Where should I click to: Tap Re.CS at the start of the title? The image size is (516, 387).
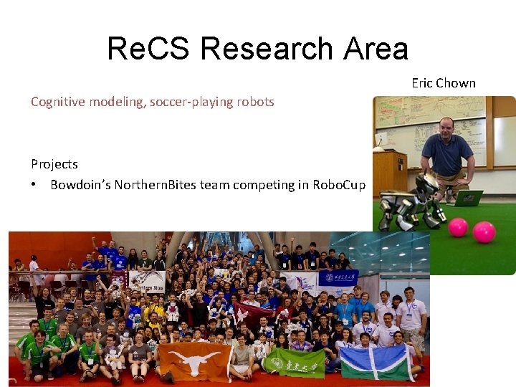[x=148, y=49]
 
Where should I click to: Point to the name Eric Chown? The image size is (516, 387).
[x=443, y=83]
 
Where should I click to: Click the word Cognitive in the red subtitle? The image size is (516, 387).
[x=58, y=102]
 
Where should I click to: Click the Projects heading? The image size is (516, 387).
[x=54, y=164]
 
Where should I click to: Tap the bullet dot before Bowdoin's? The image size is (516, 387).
[x=34, y=185]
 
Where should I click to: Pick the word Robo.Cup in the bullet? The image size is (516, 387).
[x=339, y=185]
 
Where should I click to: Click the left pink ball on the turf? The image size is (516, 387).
[x=458, y=227]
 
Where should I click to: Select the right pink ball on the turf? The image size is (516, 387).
[x=484, y=231]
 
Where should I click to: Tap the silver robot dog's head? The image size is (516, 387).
[x=427, y=184]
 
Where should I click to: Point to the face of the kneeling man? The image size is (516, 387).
[x=446, y=128]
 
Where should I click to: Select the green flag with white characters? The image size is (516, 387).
[x=295, y=362]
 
